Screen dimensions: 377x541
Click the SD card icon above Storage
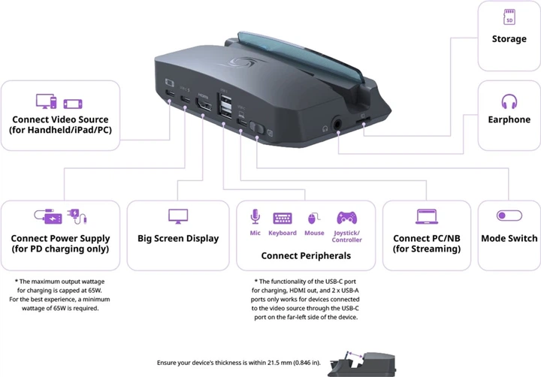click(x=509, y=17)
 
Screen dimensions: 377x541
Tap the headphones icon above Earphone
click(x=509, y=101)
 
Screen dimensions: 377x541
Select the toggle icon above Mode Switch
click(x=509, y=216)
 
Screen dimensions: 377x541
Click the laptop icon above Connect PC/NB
click(x=426, y=216)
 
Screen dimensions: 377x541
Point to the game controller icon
click(x=346, y=218)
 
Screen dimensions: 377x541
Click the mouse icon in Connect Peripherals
click(x=315, y=218)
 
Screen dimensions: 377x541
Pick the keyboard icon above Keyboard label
click(x=283, y=218)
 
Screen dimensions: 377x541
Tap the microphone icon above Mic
click(x=255, y=217)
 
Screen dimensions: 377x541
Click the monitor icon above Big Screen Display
click(x=178, y=216)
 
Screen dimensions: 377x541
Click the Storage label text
click(x=509, y=38)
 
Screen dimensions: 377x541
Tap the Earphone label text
click(x=509, y=120)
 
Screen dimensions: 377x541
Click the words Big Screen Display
click(x=178, y=239)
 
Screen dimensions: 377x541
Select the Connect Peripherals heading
click(x=306, y=255)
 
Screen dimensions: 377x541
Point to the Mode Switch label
click(x=509, y=239)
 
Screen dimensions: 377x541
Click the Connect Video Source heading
click(x=60, y=119)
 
